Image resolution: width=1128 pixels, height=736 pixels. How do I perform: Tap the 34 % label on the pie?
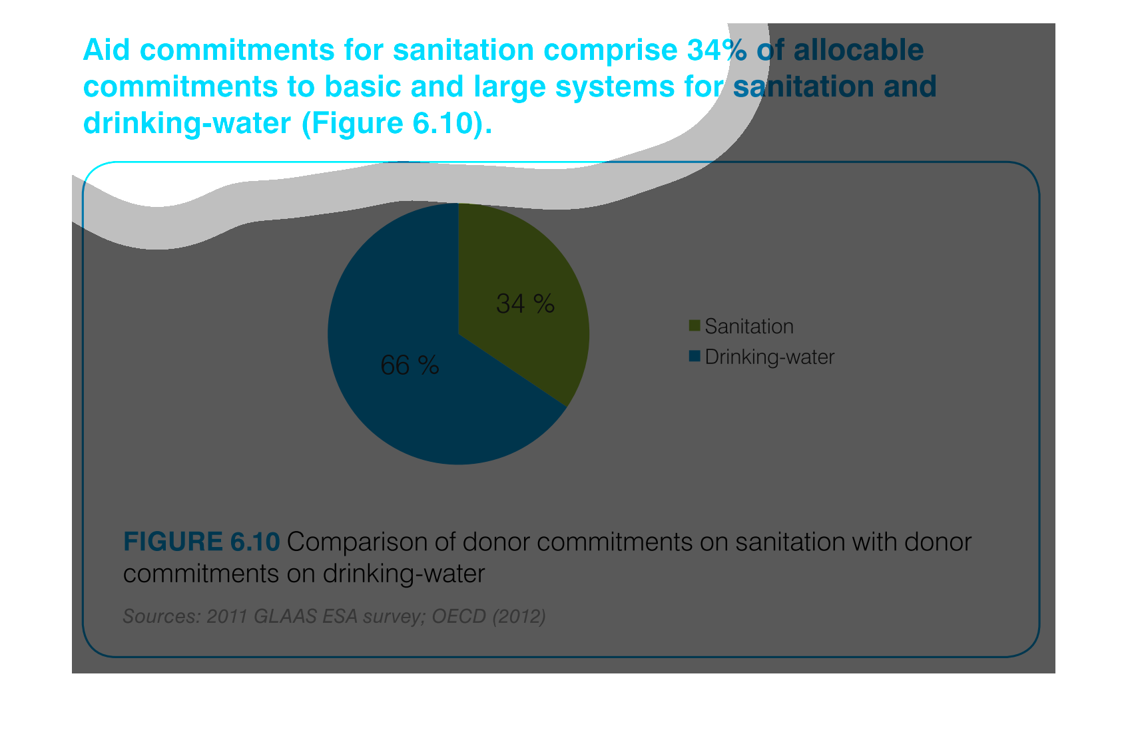point(525,303)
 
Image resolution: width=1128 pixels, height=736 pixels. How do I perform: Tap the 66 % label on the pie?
point(410,365)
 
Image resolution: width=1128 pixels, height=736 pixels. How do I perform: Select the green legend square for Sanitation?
point(695,325)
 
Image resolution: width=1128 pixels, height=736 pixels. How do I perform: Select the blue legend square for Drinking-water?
point(695,356)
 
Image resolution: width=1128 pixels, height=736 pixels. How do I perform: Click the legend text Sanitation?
point(749,326)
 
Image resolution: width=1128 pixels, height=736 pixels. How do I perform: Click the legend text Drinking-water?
point(770,357)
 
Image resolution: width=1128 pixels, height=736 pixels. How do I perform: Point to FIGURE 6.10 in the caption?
point(201,542)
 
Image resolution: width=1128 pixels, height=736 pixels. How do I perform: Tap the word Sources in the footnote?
point(162,616)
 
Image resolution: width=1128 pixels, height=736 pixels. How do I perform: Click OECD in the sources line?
point(459,616)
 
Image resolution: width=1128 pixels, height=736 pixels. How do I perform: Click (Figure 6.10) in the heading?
point(396,123)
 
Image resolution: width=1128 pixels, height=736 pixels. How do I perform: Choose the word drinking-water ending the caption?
point(404,574)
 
